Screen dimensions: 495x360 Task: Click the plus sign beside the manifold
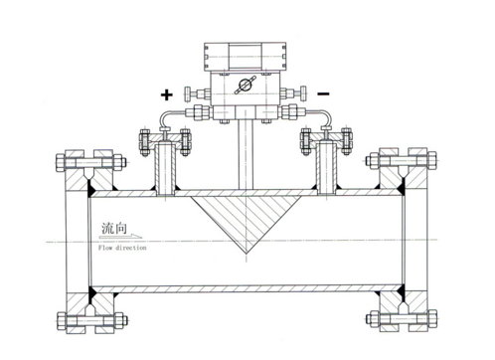[x=167, y=95]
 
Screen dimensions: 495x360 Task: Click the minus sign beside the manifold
[x=323, y=93]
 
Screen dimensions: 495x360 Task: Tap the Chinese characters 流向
[x=114, y=229]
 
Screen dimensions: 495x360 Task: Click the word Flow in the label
[x=105, y=248]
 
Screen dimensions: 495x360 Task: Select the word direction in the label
[x=131, y=248]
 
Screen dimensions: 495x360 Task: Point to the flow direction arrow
[x=120, y=237]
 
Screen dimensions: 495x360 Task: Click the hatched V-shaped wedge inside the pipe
[x=246, y=217]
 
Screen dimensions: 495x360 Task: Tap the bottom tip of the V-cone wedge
[x=247, y=254]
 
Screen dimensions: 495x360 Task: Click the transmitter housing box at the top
[x=245, y=57]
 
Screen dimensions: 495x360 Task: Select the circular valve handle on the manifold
[x=246, y=85]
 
